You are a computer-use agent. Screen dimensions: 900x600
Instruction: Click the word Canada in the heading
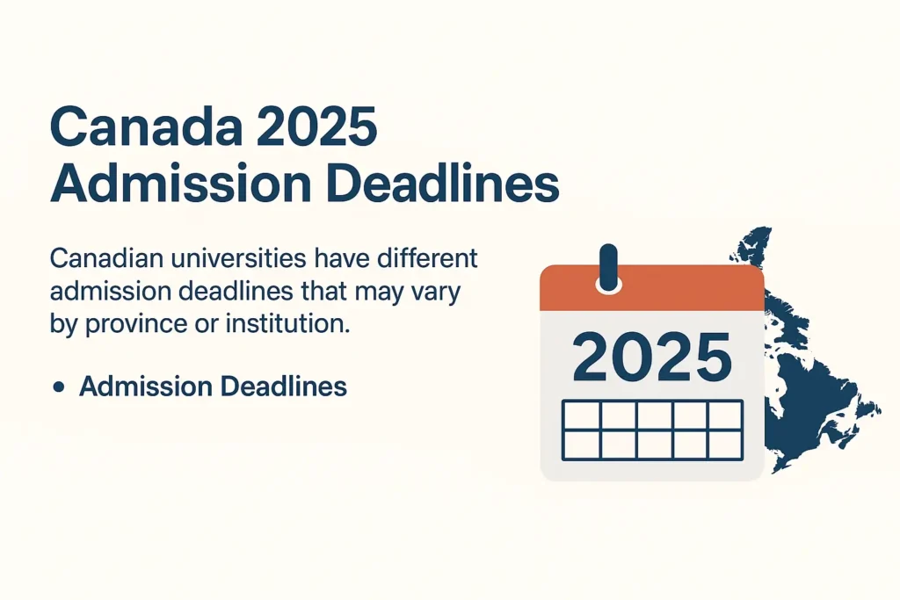coord(147,126)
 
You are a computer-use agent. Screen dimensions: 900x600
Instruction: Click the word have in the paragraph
coord(345,258)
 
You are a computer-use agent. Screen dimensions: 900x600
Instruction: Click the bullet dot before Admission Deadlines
coord(58,387)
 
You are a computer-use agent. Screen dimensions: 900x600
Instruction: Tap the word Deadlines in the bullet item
coord(284,386)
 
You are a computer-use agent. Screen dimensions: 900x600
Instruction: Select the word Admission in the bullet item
coord(146,386)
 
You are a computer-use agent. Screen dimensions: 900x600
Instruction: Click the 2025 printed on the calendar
coord(652,358)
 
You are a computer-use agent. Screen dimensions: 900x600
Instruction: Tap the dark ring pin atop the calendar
coord(608,268)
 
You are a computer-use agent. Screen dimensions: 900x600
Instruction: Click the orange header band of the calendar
coord(652,288)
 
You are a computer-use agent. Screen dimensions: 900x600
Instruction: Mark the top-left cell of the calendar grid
coord(582,415)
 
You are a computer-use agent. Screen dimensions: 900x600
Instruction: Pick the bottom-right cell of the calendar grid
coord(725,445)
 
